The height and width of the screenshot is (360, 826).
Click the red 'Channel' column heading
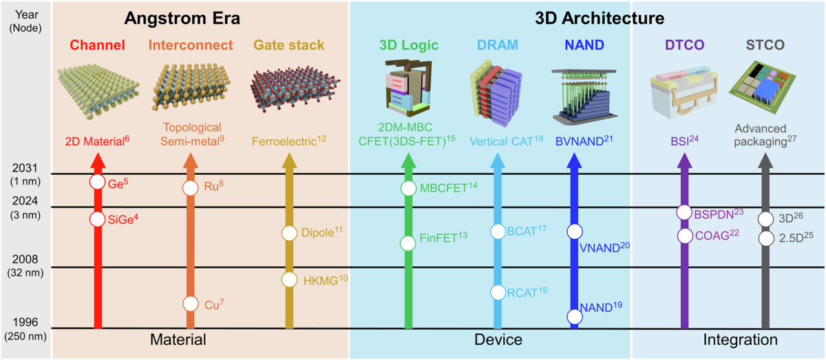(x=98, y=46)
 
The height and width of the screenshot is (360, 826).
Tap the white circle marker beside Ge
(x=98, y=183)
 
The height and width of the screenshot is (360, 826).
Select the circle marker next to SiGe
(x=98, y=219)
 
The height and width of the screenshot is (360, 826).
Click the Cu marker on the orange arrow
(x=191, y=304)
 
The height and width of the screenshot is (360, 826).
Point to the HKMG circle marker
(x=289, y=279)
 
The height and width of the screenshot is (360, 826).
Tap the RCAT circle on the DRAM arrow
(x=498, y=292)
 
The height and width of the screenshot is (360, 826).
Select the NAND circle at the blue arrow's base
(x=574, y=316)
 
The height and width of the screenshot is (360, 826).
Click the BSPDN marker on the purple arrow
(x=684, y=213)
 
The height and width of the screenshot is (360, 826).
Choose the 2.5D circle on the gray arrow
(x=765, y=238)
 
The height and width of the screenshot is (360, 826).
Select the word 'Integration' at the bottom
(x=740, y=340)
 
